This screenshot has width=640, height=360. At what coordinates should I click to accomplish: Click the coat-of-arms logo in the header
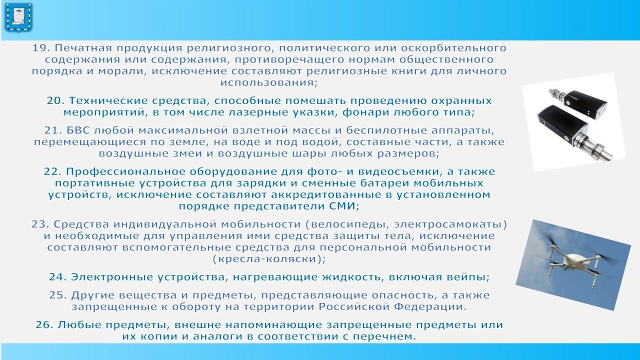(x=18, y=18)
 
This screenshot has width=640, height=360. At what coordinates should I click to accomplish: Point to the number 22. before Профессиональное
(x=52, y=171)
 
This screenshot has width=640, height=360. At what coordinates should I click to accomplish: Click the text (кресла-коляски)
(x=269, y=259)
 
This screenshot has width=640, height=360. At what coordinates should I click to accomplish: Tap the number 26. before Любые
(x=45, y=325)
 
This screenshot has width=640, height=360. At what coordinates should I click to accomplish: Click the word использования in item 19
(x=268, y=83)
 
